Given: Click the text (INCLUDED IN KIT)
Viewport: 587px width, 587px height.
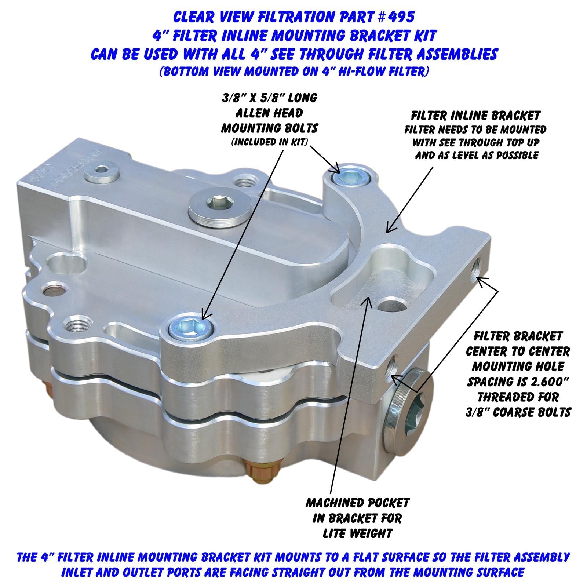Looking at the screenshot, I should coord(269,142).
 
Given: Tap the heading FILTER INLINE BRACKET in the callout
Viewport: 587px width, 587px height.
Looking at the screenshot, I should coord(475,116).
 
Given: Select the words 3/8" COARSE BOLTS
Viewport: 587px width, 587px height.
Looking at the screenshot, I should coord(518,412).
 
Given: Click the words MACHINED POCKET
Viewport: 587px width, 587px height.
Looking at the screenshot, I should coord(358,503).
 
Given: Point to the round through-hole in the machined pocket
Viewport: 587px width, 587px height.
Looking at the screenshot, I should coord(392,304).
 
